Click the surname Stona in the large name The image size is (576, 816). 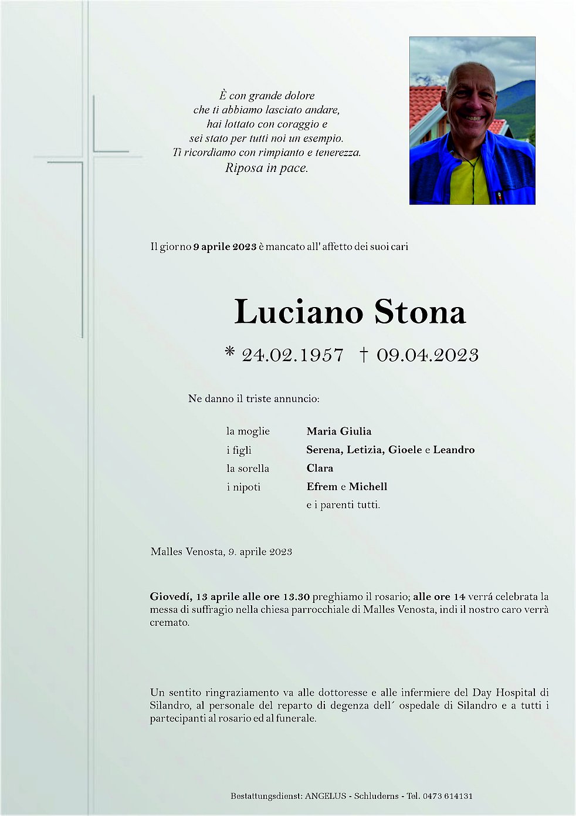coord(420,312)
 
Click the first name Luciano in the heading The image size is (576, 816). coord(299,312)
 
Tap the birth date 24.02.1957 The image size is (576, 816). coord(292,355)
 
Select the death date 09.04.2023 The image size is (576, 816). coord(427,355)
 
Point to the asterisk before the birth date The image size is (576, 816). coord(230,352)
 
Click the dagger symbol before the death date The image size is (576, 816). coord(364,355)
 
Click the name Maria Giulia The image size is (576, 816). coord(338,431)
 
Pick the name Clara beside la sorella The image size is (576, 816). coord(320,468)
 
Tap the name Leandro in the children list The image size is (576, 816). coord(453,450)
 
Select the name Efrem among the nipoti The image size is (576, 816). coord(322,487)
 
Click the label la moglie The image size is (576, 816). coord(248,431)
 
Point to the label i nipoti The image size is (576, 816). coord(243,487)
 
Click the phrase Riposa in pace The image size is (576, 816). coord(266,168)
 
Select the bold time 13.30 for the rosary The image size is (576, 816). coord(297,597)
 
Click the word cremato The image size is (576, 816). coord(169,623)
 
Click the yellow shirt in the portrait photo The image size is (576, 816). coord(469,182)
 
